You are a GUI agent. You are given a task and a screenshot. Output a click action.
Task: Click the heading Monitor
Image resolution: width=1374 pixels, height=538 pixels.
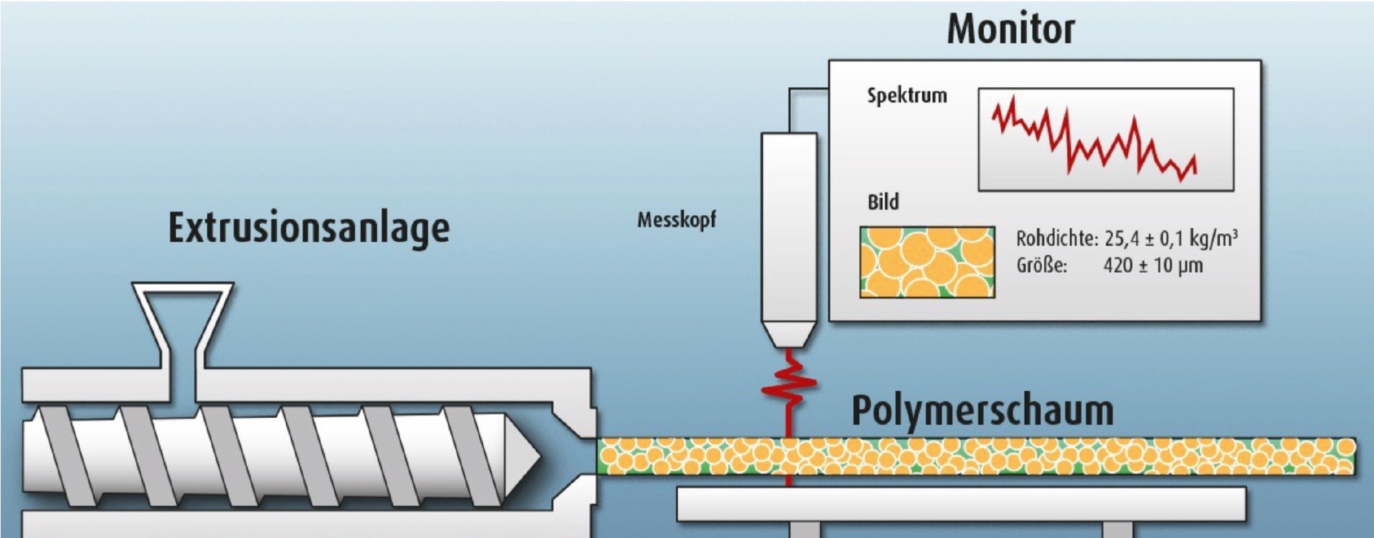point(1010,29)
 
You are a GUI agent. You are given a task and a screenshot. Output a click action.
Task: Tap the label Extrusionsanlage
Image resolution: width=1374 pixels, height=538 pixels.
point(308,228)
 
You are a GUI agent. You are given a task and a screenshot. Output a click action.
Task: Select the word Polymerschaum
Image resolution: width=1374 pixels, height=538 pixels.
point(982,411)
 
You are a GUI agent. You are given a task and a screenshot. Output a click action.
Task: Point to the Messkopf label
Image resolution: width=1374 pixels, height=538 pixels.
point(676,220)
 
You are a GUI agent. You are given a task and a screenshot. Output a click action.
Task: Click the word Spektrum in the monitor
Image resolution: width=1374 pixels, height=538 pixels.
point(907,96)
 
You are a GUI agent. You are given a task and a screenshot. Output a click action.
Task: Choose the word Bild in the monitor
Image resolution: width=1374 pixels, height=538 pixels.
point(883,202)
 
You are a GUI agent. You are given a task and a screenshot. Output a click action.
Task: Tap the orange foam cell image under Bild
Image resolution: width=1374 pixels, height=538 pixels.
point(927,262)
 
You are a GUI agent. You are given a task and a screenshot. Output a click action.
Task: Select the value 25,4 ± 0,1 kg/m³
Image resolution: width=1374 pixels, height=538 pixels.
point(1170,239)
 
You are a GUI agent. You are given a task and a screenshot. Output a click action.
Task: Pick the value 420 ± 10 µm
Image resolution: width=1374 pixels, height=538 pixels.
point(1153,266)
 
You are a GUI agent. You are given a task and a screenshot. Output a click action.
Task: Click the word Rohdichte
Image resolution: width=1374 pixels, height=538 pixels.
point(1056,239)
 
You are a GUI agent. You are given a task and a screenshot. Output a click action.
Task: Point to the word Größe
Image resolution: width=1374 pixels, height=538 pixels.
point(1041,266)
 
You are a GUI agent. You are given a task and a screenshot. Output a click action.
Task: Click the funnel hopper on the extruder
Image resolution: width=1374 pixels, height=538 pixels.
point(182,315)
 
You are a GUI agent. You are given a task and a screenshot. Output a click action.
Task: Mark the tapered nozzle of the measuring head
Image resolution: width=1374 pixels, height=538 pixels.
point(789,334)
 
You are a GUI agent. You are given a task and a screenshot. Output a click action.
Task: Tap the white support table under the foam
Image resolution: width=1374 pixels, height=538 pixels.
point(960,505)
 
